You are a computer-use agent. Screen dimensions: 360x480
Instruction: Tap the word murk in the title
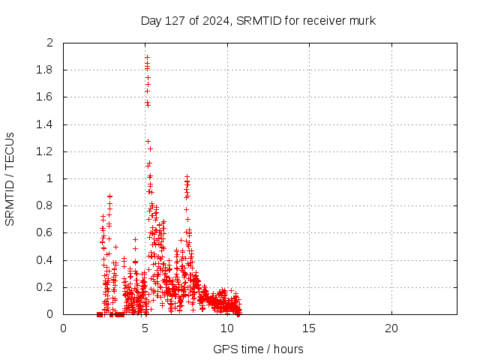[x=362, y=21]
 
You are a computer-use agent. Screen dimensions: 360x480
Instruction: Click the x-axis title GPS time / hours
[x=258, y=349]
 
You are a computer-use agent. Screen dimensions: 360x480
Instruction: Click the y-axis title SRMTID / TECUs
[x=10, y=178]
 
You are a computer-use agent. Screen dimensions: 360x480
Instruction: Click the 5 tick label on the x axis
[x=145, y=328]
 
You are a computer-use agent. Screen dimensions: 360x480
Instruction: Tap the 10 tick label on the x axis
[x=227, y=328]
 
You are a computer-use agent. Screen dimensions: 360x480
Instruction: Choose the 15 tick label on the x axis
[x=309, y=328]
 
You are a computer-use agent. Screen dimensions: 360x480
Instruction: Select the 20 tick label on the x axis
[x=391, y=328]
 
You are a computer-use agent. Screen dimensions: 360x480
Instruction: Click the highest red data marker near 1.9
[x=147, y=57]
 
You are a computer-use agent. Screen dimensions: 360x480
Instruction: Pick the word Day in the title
[x=151, y=21]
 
